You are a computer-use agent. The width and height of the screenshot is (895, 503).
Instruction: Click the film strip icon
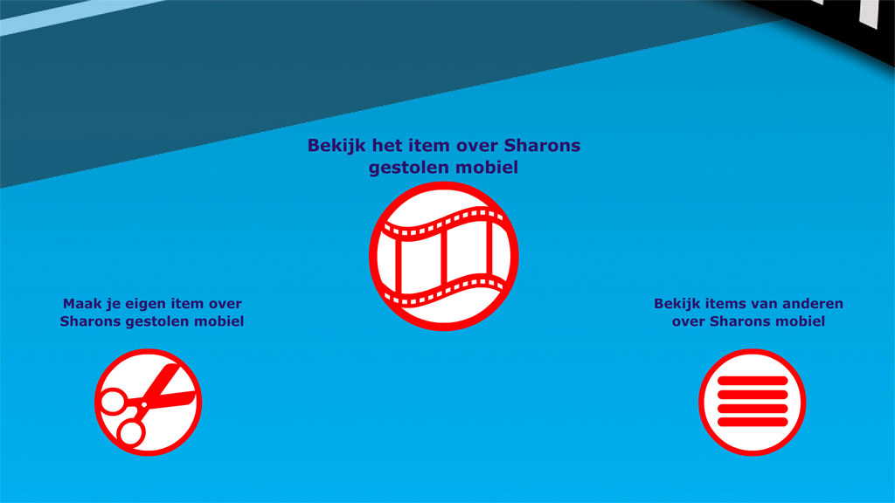(443, 256)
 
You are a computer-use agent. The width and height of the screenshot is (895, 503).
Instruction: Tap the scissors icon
(148, 402)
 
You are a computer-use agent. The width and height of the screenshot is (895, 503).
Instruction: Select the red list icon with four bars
(753, 402)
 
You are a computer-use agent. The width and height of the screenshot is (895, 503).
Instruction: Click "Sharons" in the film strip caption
(542, 146)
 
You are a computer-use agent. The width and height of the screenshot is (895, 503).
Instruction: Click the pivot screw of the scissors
(144, 405)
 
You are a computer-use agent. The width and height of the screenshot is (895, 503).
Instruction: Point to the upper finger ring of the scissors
(113, 400)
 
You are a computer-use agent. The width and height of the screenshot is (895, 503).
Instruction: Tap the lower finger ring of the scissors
(131, 432)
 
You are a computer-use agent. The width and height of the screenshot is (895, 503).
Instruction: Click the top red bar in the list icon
(753, 381)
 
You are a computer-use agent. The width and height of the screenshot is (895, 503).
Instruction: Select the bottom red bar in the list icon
(753, 422)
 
